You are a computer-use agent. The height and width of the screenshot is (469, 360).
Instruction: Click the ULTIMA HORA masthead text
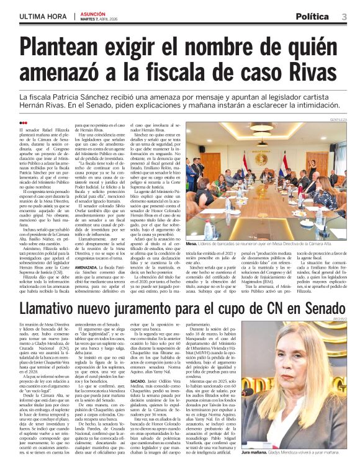coord(42,16)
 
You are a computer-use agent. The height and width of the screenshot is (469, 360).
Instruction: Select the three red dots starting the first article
coord(24,123)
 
